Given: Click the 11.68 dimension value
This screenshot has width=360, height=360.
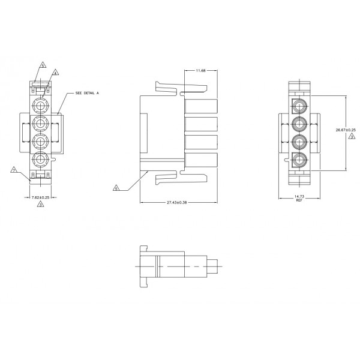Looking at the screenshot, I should (x=200, y=71).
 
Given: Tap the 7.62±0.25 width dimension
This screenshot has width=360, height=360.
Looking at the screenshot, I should (x=40, y=197).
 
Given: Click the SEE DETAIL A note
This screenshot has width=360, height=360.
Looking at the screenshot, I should (x=87, y=94).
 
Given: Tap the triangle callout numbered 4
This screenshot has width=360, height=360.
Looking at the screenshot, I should (x=55, y=72).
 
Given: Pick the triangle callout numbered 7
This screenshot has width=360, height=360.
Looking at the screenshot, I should (x=14, y=170).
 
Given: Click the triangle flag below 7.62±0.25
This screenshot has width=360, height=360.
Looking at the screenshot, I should (x=40, y=205).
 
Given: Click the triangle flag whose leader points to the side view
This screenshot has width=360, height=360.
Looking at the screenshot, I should (x=116, y=188).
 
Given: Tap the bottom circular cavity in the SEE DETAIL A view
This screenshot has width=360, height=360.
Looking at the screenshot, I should (x=40, y=160).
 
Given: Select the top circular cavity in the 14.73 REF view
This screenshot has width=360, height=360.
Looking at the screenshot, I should (x=299, y=108).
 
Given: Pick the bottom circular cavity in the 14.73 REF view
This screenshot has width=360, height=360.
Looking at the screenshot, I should (x=299, y=160).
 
